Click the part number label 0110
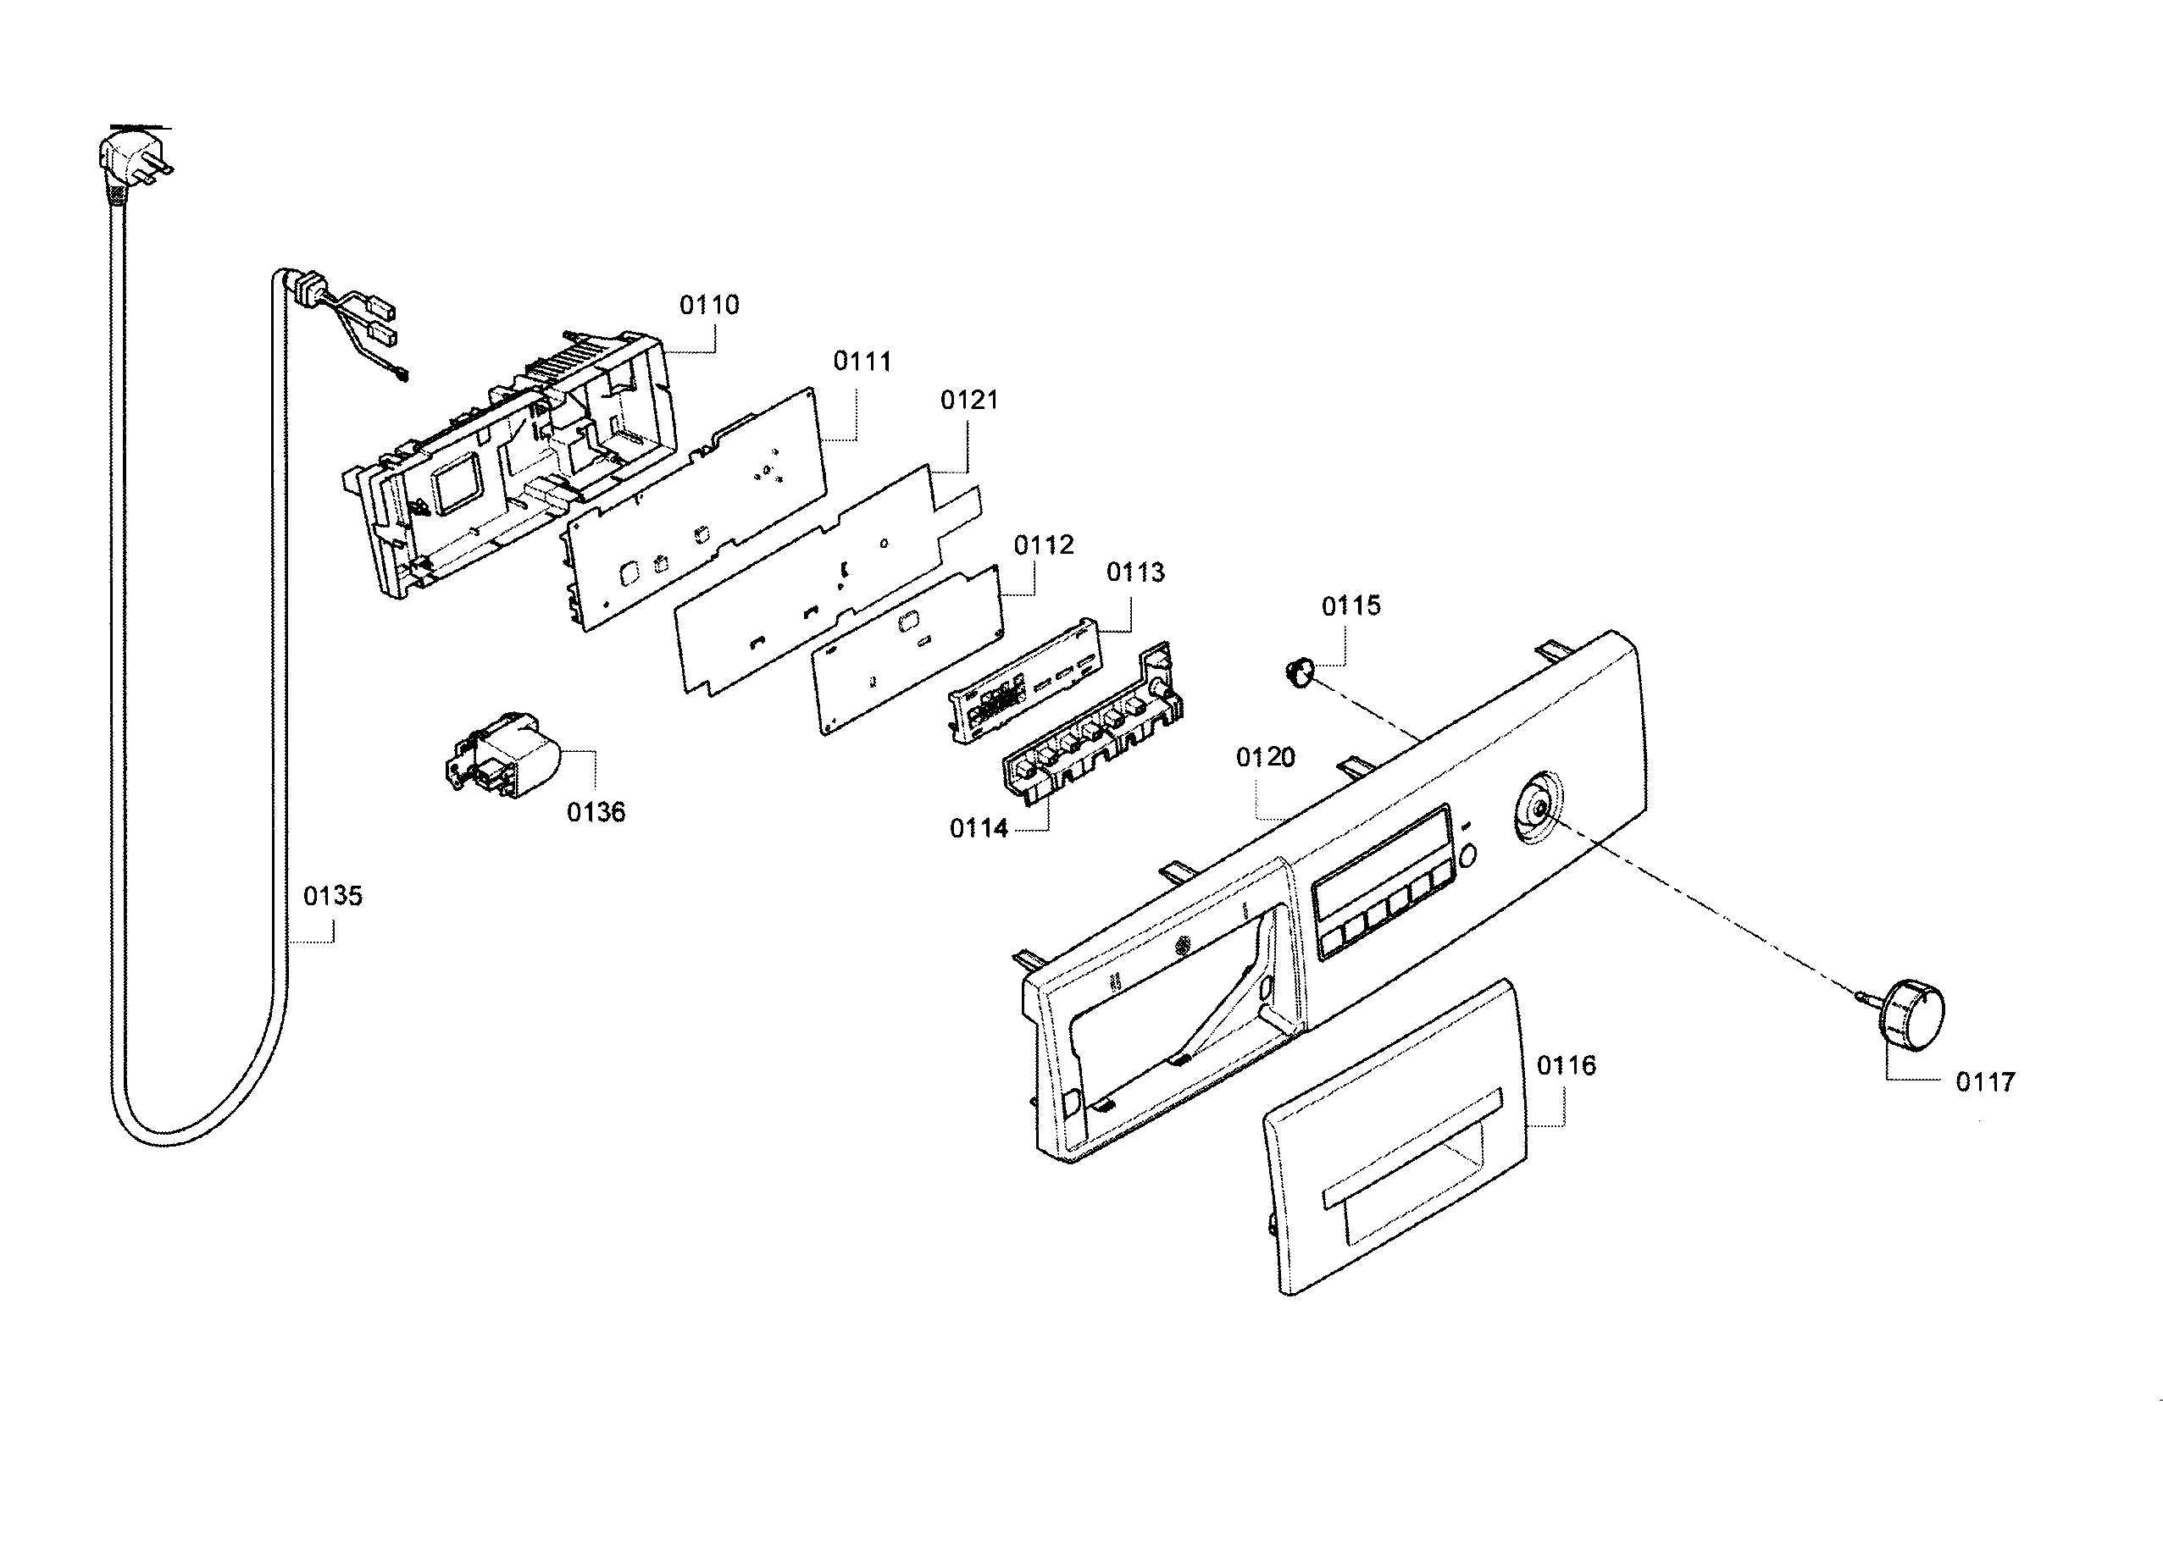click(x=708, y=305)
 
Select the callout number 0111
click(x=862, y=362)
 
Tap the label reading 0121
click(x=969, y=400)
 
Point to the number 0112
click(x=1043, y=545)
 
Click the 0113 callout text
click(x=1135, y=572)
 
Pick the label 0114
click(x=979, y=828)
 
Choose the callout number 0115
click(x=1350, y=605)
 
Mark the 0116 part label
click(x=1566, y=1065)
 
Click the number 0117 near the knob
click(x=1986, y=1082)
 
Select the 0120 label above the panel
click(x=1266, y=757)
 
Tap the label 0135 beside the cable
click(x=333, y=896)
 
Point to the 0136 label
click(x=596, y=812)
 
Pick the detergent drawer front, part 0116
click(x=1395, y=1136)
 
